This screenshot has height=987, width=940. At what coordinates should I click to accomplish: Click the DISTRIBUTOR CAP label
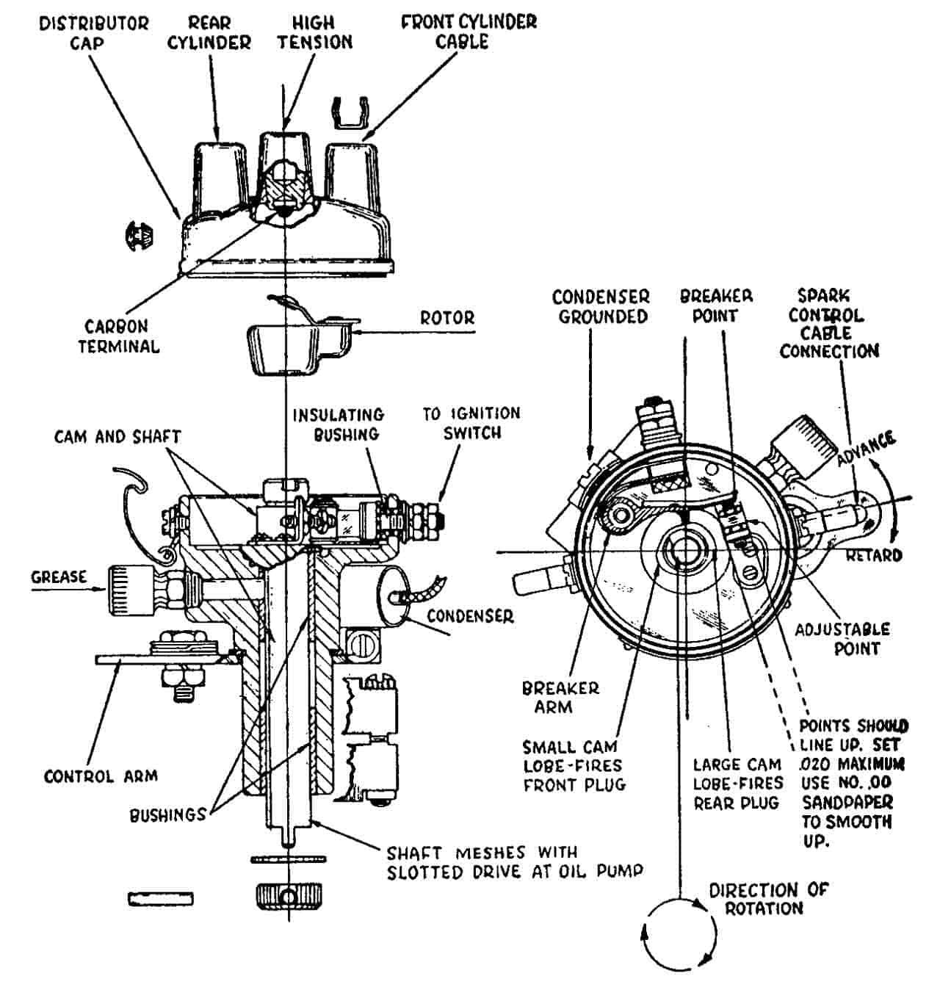click(94, 33)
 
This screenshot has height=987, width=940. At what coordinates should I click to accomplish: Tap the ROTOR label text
click(447, 318)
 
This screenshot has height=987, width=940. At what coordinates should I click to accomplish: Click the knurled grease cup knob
click(131, 590)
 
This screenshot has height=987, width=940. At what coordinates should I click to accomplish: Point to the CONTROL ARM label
click(101, 776)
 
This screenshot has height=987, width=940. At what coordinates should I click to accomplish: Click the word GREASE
click(59, 576)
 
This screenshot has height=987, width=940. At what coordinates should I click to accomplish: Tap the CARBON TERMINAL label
click(119, 336)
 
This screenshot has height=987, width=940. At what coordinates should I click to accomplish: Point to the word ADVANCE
click(866, 448)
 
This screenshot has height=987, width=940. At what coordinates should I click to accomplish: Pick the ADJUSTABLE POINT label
click(842, 639)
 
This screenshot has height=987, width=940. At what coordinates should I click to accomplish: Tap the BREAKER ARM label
click(560, 698)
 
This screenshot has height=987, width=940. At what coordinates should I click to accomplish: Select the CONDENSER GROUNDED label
click(601, 307)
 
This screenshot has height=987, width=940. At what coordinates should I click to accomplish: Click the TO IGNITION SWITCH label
click(471, 423)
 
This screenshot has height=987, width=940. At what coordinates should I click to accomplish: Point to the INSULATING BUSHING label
click(339, 424)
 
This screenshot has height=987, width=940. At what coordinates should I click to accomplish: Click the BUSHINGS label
click(167, 815)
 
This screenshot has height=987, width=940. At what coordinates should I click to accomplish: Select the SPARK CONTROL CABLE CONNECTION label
click(830, 324)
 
